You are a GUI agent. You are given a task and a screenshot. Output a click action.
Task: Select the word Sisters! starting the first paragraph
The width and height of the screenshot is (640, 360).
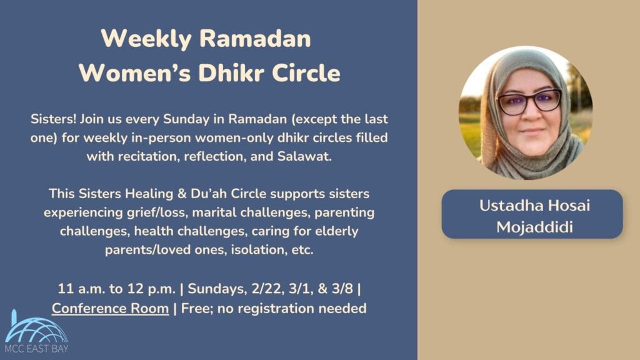click(52, 118)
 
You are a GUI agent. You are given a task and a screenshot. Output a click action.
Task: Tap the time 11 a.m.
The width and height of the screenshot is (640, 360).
click(81, 289)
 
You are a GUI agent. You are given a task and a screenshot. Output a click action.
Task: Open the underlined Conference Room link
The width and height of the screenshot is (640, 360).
click(110, 308)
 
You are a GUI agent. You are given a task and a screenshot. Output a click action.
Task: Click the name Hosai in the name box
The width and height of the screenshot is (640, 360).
click(566, 205)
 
